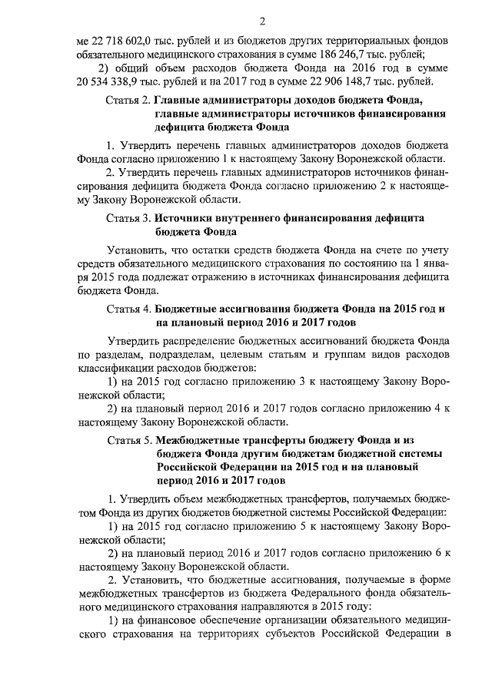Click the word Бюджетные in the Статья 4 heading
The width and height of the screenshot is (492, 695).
tap(189, 307)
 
